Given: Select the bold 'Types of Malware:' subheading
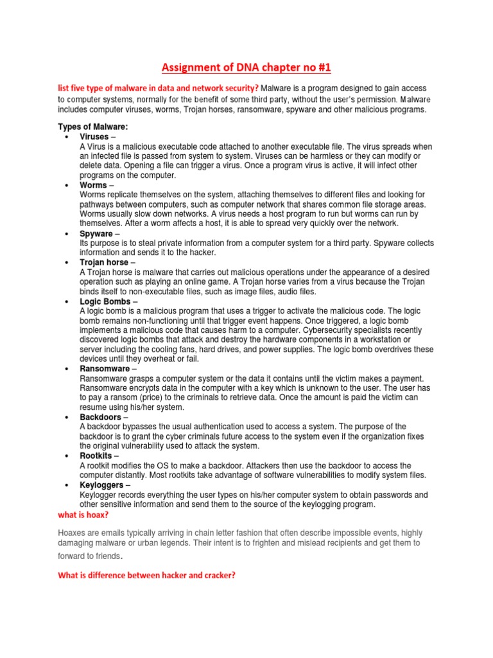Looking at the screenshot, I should [93, 127].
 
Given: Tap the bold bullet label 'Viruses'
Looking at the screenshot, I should [94, 137].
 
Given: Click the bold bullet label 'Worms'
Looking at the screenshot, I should [93, 185].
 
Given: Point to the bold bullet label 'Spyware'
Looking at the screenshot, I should [96, 234].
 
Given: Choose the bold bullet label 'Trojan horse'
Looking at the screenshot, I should [104, 263].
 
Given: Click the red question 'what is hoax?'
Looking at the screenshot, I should [83, 515].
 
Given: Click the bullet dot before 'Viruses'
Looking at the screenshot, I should [67, 138].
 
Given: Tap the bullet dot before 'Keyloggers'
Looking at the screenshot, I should [67, 486].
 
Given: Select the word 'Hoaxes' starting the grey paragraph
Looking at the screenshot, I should [73, 533].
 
